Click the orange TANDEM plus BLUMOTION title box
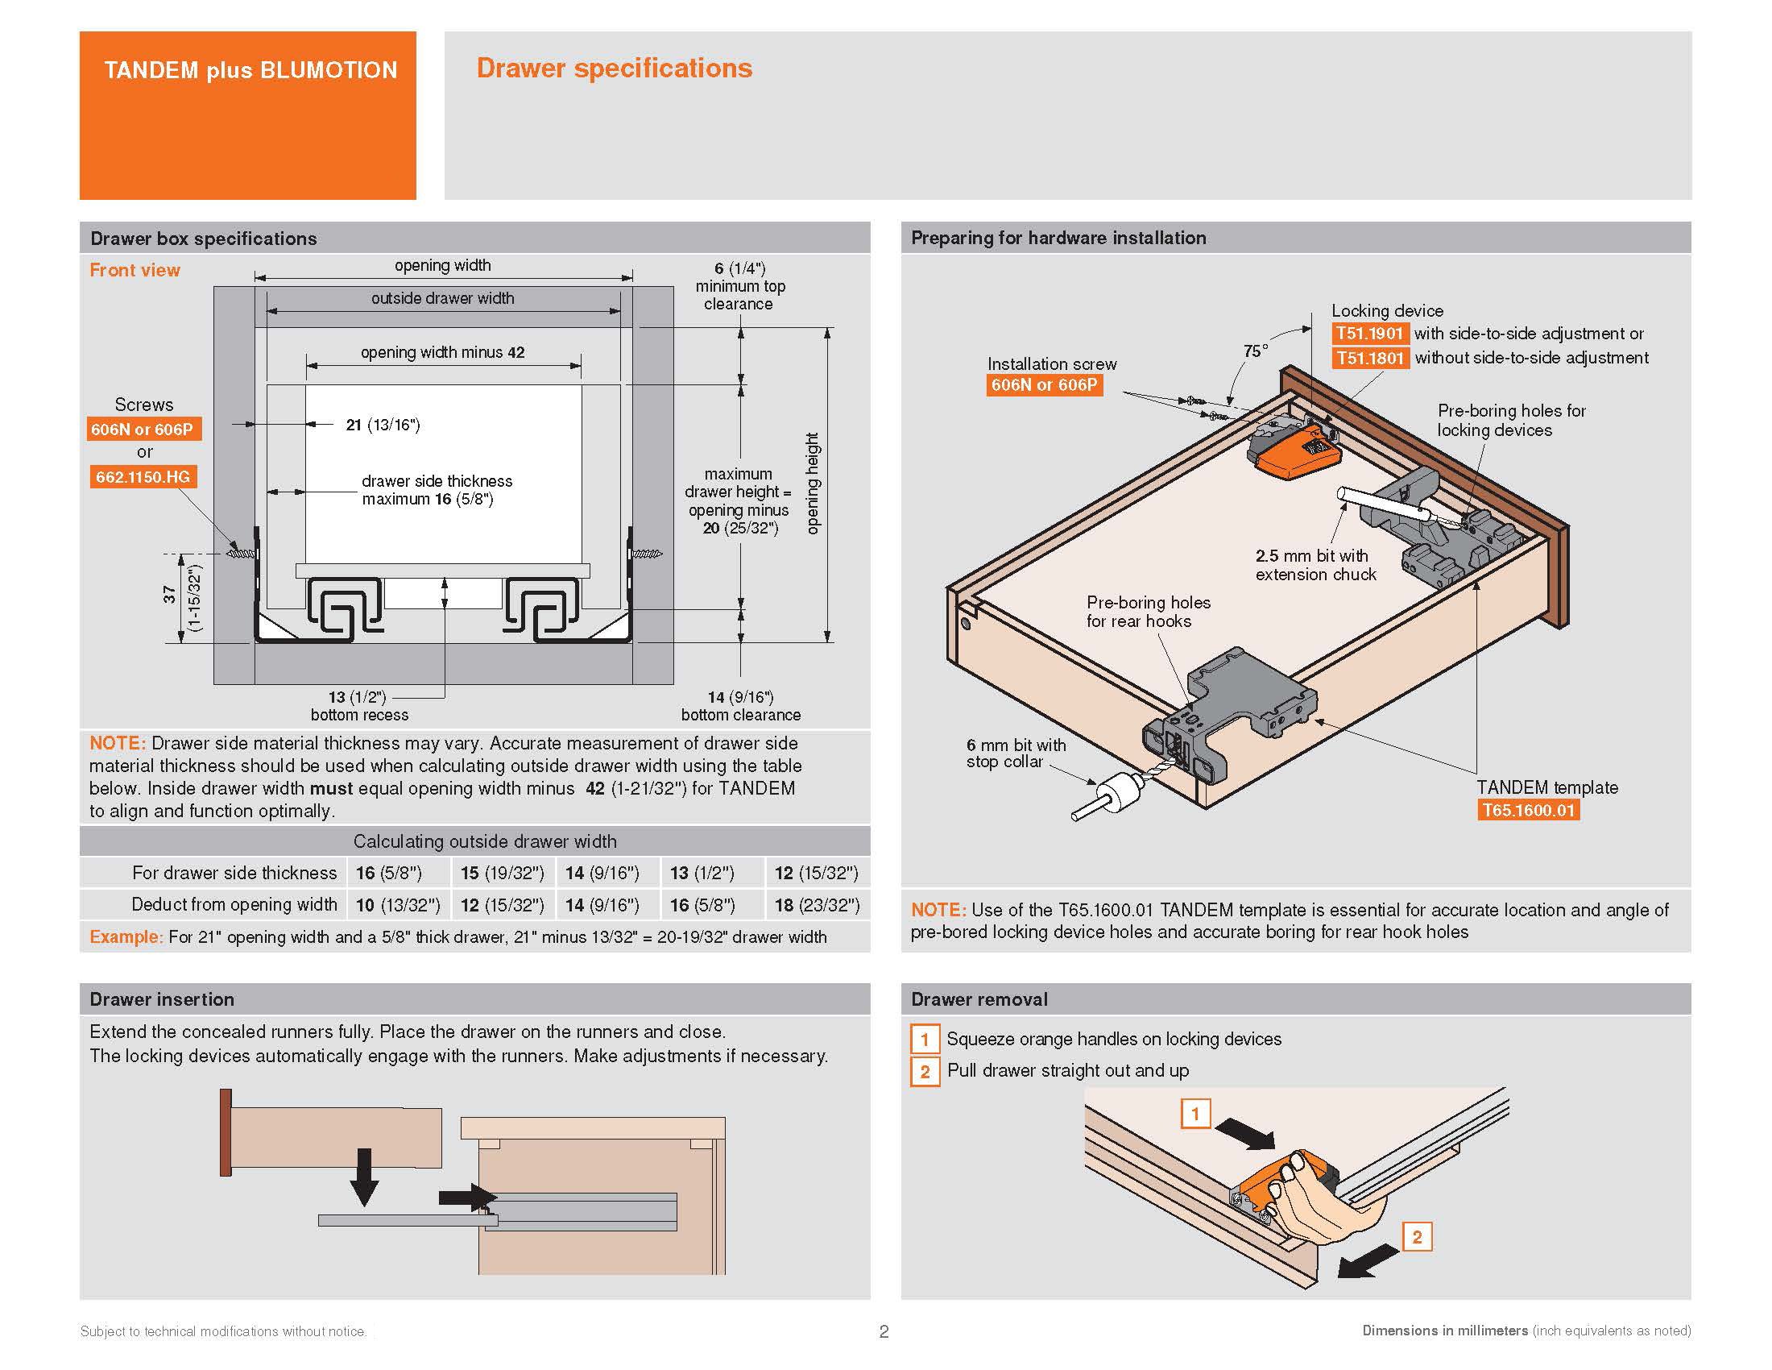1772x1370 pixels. (x=247, y=115)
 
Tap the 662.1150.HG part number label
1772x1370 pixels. (x=143, y=476)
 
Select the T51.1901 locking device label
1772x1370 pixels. (x=1369, y=334)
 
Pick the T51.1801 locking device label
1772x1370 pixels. (x=1369, y=358)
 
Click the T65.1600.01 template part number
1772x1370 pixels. (x=1528, y=810)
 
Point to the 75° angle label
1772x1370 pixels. (x=1255, y=351)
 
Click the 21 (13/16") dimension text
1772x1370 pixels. (x=382, y=425)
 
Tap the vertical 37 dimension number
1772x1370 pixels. (x=169, y=595)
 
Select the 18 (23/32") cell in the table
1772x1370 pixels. (x=816, y=905)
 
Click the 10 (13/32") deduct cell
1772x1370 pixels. (x=398, y=905)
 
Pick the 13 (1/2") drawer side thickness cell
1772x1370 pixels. (x=702, y=874)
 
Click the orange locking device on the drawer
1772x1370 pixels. (x=1296, y=455)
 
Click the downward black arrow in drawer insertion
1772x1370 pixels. (x=364, y=1177)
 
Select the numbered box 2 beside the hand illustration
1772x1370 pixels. (x=1417, y=1237)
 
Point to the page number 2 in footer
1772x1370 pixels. (x=884, y=1331)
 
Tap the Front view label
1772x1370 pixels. (x=135, y=270)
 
